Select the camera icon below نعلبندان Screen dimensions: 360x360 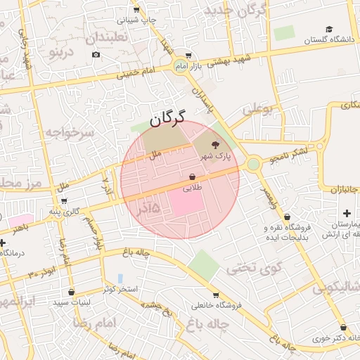pyautogui.click(x=96, y=55)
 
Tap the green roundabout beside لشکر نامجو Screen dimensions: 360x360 pyautogui.click(x=253, y=165)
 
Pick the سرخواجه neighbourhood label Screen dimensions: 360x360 pyautogui.click(x=70, y=131)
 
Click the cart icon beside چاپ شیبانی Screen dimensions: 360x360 pyautogui.click(x=136, y=10)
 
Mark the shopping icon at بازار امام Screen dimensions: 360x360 pyautogui.click(x=187, y=56)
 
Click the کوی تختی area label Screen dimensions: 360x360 pyautogui.click(x=254, y=268)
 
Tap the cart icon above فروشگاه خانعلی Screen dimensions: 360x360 pyautogui.click(x=215, y=295)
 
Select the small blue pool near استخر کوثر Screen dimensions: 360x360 pyautogui.click(x=120, y=278)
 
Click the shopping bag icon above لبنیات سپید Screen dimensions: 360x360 pyautogui.click(x=71, y=291)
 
